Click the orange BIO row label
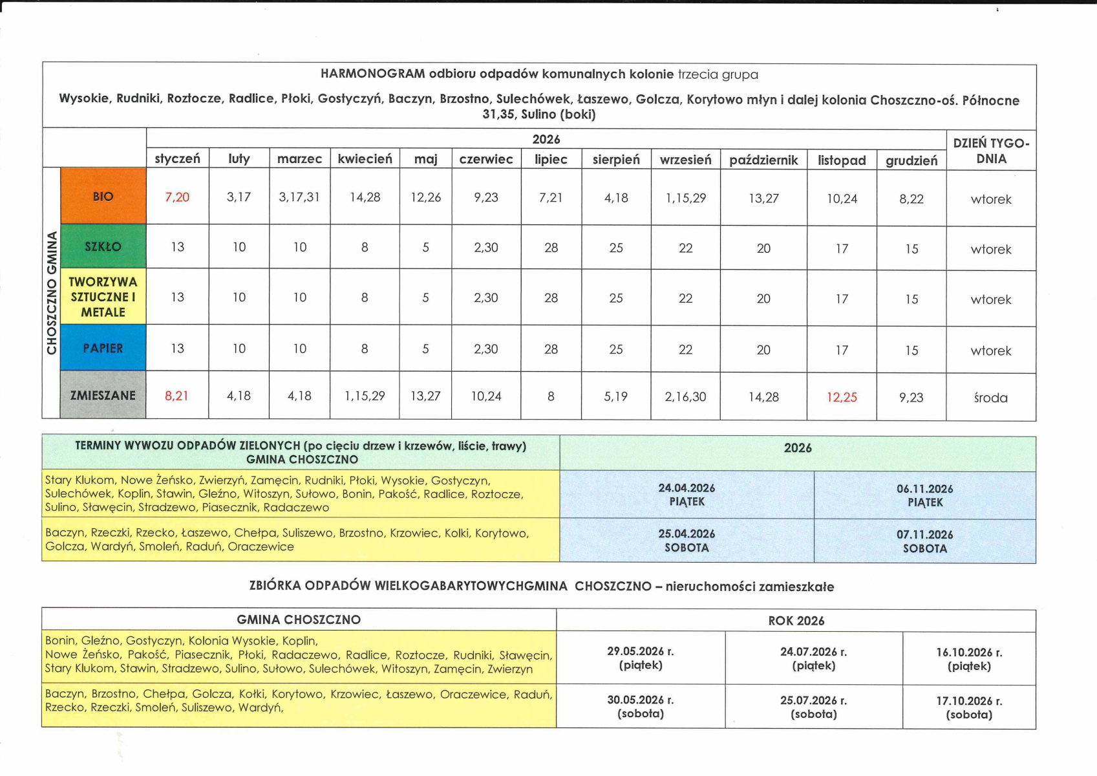point(103,197)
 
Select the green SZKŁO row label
point(103,246)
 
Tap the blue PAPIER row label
point(103,348)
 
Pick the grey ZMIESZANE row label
point(103,395)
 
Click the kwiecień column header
point(365,159)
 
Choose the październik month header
point(763,160)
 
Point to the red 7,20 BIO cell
point(177,197)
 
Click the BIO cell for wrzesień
point(685,199)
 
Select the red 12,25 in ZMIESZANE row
point(842,397)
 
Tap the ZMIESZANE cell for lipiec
point(551,396)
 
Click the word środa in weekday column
point(990,398)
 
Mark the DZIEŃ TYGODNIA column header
point(991,151)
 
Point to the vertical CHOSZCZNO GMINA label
point(52,294)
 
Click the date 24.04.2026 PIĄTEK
point(687,495)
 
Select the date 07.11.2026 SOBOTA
point(924,541)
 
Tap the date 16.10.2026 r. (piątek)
point(968,659)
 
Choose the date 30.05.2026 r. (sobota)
point(640,707)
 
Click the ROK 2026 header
point(796,621)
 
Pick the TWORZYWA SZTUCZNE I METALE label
point(103,297)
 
